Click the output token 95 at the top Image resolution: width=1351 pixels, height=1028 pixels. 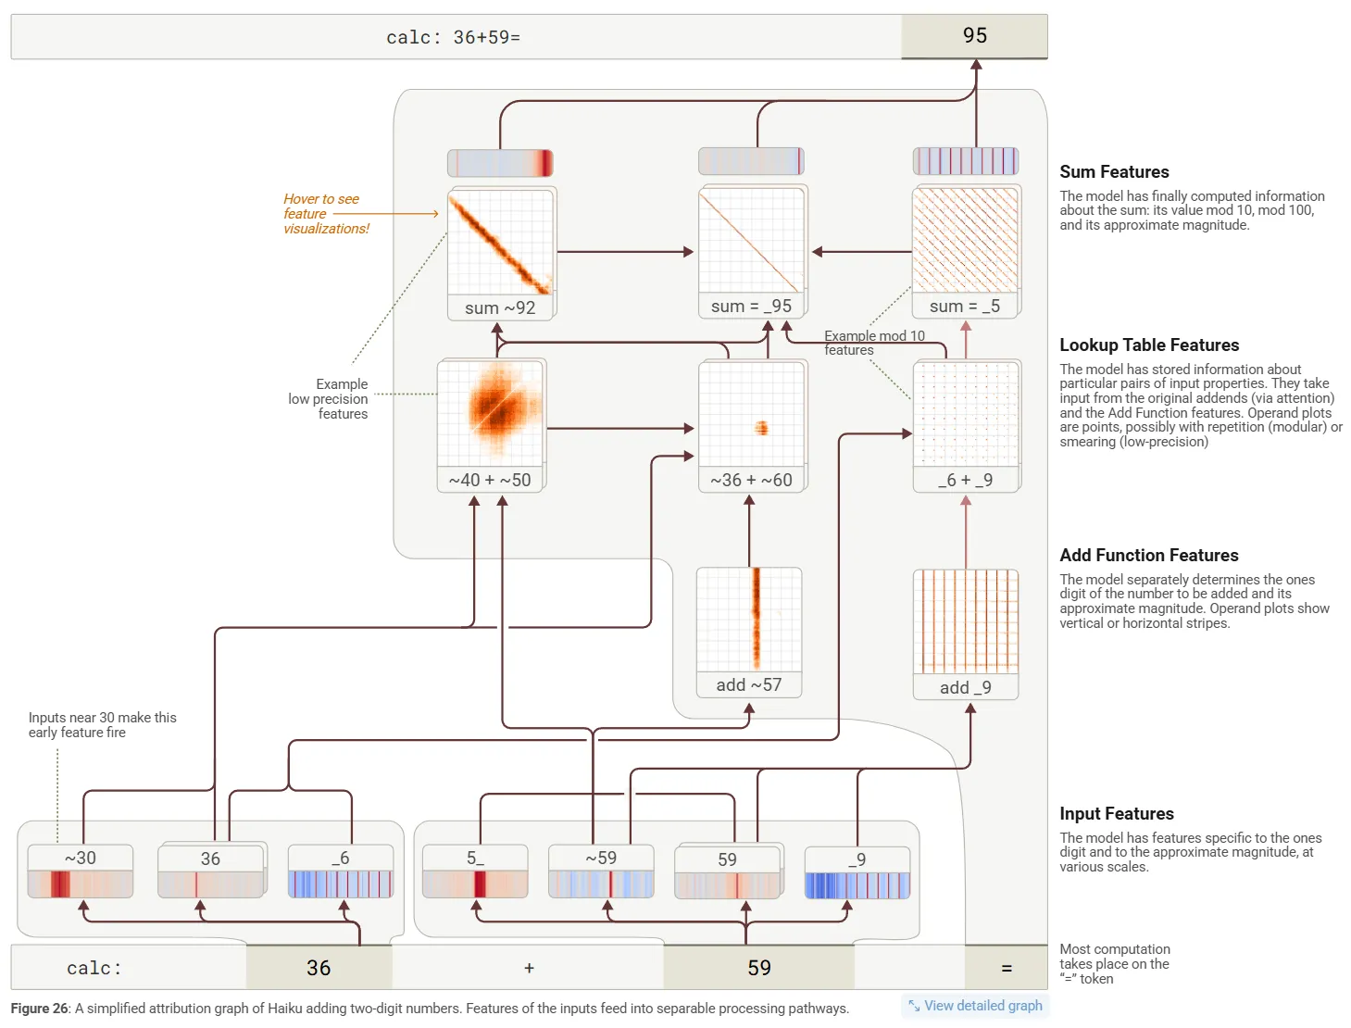974,36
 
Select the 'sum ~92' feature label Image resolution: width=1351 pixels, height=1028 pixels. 500,307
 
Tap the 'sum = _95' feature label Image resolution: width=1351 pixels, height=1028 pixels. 751,306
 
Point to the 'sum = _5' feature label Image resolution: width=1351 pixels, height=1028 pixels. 965,306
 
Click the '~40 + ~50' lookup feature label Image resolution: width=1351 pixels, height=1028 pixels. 490,480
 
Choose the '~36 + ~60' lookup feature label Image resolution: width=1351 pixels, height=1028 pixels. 751,480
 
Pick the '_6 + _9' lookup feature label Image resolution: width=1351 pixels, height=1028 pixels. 965,480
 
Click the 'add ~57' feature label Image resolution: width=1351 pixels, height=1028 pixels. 748,684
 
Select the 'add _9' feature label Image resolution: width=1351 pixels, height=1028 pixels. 965,687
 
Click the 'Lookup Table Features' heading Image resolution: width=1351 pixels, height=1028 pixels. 1148,345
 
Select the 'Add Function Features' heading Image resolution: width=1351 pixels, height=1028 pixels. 1148,555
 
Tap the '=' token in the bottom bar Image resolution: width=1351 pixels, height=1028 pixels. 1007,968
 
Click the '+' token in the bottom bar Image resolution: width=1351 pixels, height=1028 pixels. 529,968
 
